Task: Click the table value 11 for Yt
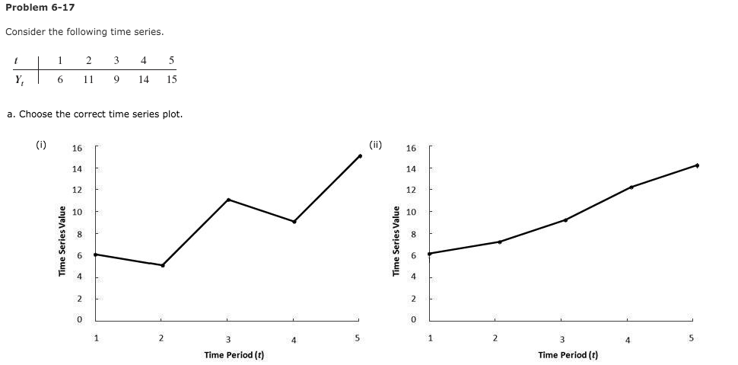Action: (x=88, y=78)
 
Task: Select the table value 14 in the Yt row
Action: (x=144, y=78)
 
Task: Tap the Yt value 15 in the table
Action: (x=171, y=78)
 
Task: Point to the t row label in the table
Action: (x=16, y=60)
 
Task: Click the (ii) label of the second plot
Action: (x=376, y=142)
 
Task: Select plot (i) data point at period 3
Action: (x=228, y=200)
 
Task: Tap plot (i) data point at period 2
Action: (x=163, y=265)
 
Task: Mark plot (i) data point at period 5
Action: (x=360, y=155)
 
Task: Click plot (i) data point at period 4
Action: (x=294, y=222)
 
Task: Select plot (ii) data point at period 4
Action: (x=631, y=187)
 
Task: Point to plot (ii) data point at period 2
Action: (x=499, y=242)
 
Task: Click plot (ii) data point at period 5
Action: (x=697, y=165)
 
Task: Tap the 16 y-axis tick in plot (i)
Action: (x=77, y=148)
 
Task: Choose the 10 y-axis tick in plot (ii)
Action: (x=412, y=211)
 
